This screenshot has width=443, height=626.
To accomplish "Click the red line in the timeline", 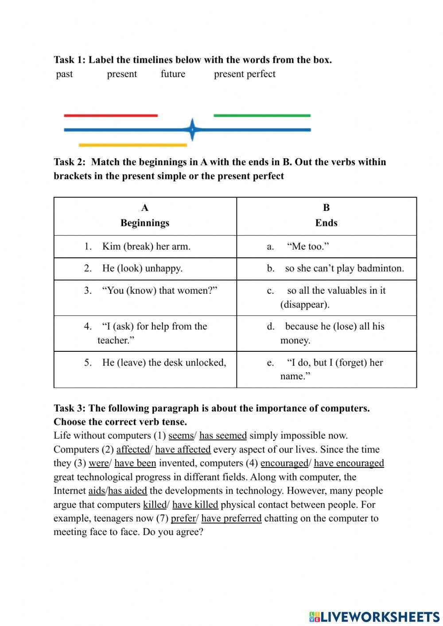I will (111, 116).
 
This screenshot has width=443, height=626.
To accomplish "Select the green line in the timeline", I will (262, 116).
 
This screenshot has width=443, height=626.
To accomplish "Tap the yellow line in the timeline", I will (132, 145).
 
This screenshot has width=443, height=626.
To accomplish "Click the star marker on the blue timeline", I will (192, 130).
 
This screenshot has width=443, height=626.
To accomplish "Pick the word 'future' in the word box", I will (173, 74).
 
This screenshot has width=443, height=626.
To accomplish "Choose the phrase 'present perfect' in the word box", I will (245, 74).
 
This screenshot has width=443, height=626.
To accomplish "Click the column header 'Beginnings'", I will (145, 223).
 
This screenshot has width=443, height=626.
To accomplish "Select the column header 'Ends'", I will (326, 223).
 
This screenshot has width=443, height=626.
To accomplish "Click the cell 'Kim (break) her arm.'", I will (146, 247).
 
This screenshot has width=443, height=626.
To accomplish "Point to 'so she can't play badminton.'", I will (344, 268).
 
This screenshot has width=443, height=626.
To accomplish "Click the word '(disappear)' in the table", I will (305, 305).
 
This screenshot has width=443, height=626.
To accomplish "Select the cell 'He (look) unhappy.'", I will (142, 268).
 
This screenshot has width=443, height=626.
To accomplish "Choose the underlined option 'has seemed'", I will (223, 435).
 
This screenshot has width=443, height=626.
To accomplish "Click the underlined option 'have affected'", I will (183, 450).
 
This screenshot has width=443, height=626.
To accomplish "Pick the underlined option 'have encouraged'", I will (349, 463).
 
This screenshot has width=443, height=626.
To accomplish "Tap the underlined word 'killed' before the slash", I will (154, 505).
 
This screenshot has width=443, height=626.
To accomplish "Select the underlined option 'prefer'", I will (183, 518).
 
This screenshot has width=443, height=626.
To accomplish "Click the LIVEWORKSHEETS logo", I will (374, 616).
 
